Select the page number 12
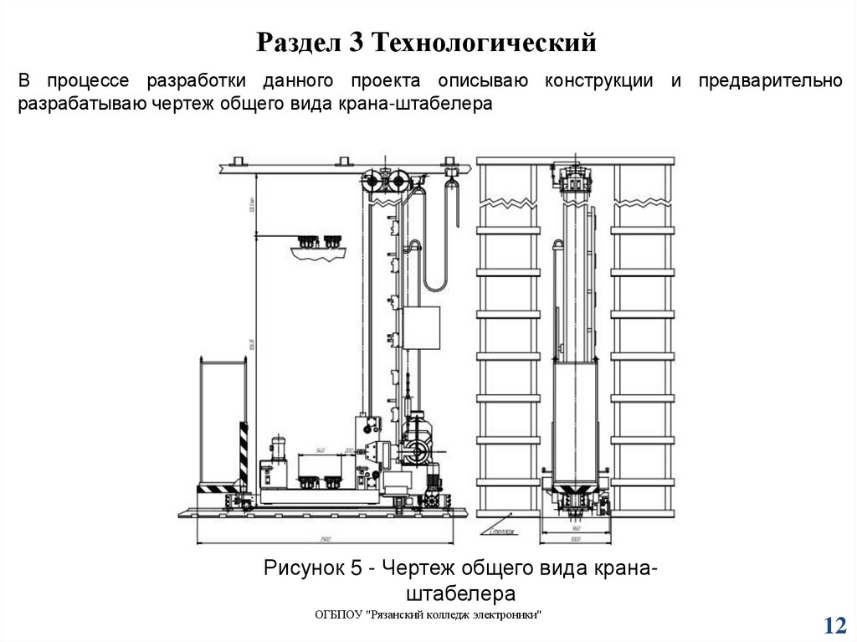pos(835,625)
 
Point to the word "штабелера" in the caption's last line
pos(460,593)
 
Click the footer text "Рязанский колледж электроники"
pos(456,615)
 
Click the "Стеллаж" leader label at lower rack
pos(503,530)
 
